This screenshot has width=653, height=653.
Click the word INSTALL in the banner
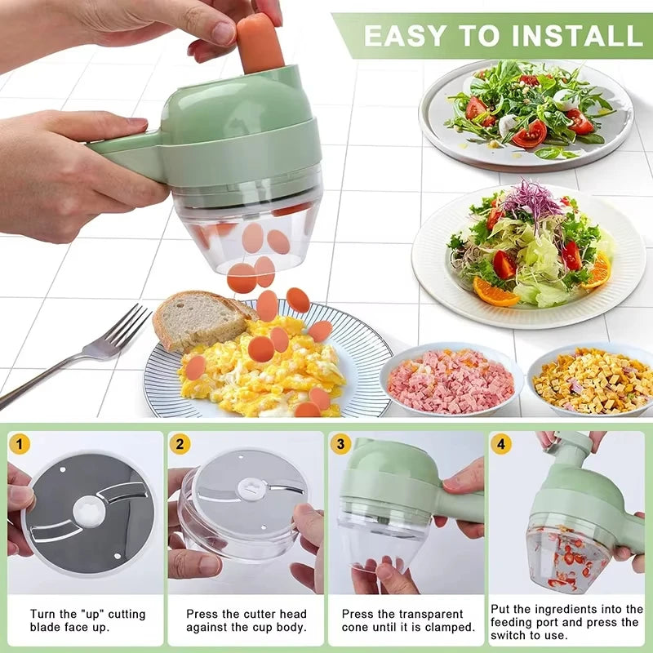[x=568, y=35]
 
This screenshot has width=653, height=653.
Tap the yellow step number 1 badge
[x=20, y=444]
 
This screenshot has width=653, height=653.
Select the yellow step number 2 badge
[x=180, y=444]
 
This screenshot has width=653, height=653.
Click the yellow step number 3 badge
[x=341, y=444]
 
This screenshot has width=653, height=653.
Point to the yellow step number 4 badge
[x=501, y=444]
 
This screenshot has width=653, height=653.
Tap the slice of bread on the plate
[x=196, y=318]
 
